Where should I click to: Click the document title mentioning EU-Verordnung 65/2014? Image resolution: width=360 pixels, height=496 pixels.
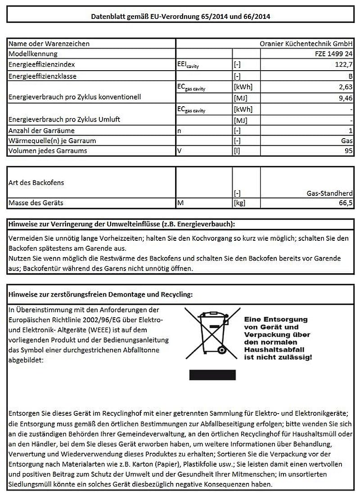[x=180, y=17]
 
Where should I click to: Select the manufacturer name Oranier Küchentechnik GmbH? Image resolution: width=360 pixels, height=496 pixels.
[x=306, y=44]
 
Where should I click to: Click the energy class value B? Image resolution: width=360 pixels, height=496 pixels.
[x=350, y=76]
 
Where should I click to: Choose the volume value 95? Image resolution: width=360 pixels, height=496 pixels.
[x=348, y=151]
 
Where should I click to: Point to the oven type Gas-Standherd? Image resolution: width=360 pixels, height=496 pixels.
[x=329, y=193]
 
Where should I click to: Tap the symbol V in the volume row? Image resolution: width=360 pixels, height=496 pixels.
[x=180, y=151]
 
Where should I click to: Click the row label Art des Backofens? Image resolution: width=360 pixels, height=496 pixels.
[x=36, y=183]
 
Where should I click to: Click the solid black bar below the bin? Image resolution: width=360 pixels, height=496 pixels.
[x=212, y=374]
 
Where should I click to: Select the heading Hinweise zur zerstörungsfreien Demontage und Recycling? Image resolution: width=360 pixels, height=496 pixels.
[x=101, y=295]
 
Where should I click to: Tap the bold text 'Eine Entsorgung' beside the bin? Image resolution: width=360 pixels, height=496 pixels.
[x=275, y=319]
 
